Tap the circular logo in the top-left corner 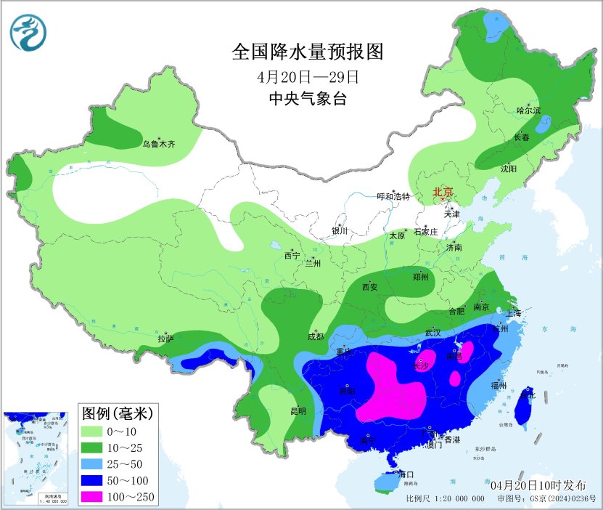28,32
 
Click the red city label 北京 443,193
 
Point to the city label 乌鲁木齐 158,145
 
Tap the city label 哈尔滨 528,110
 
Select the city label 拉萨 165,339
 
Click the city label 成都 314,336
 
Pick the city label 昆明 298,411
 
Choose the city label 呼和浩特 393,197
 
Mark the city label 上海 513,314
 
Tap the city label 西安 370,287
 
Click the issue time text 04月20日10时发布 535,485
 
